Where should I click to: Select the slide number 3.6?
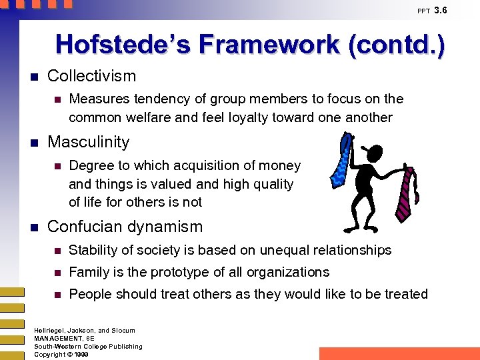tap(441, 10)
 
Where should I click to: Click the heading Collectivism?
tap(91, 76)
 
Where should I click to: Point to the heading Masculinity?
tap(89, 142)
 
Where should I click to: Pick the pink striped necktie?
tap(407, 193)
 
